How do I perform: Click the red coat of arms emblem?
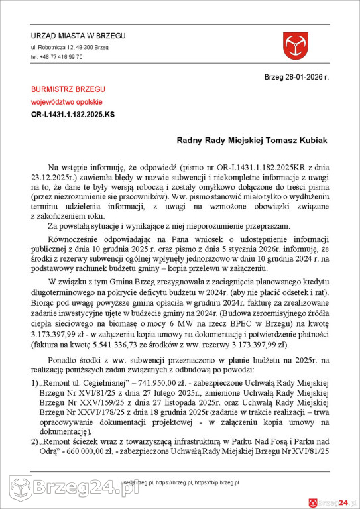[x=296, y=46]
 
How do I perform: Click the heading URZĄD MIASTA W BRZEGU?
[x=78, y=36]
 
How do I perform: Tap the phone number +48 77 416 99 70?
[x=56, y=57]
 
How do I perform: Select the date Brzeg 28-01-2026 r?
[x=296, y=77]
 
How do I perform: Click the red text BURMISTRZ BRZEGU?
[x=68, y=89]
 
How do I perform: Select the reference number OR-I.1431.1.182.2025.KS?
[x=73, y=114]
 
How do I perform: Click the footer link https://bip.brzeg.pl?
[x=216, y=483]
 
